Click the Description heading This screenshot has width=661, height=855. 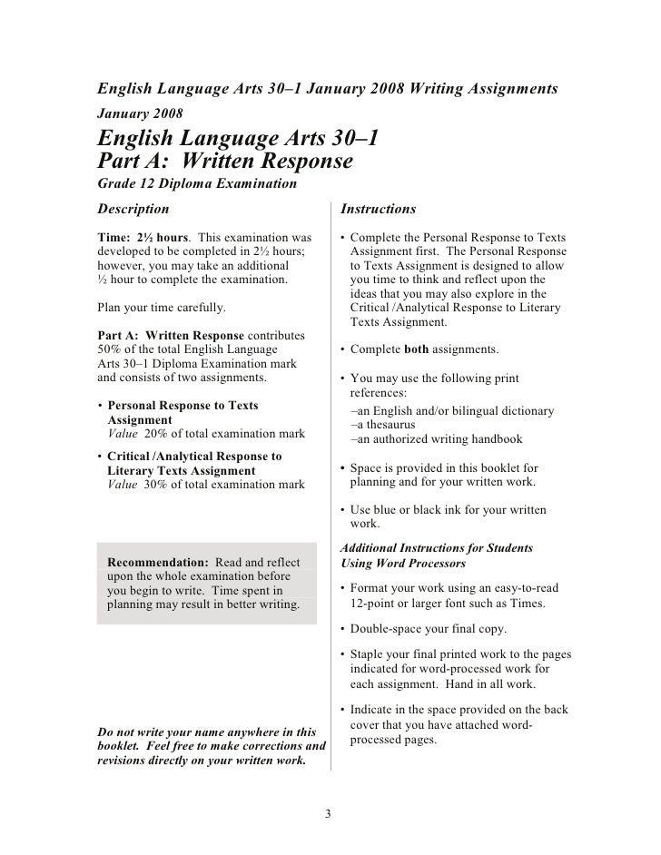coord(133,210)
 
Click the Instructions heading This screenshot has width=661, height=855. coord(378,210)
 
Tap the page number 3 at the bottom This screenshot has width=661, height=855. coord(330,813)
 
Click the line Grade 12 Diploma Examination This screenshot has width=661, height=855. coord(196,185)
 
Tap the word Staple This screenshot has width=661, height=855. coord(369,655)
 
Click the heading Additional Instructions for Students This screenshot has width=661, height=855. coord(435,548)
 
